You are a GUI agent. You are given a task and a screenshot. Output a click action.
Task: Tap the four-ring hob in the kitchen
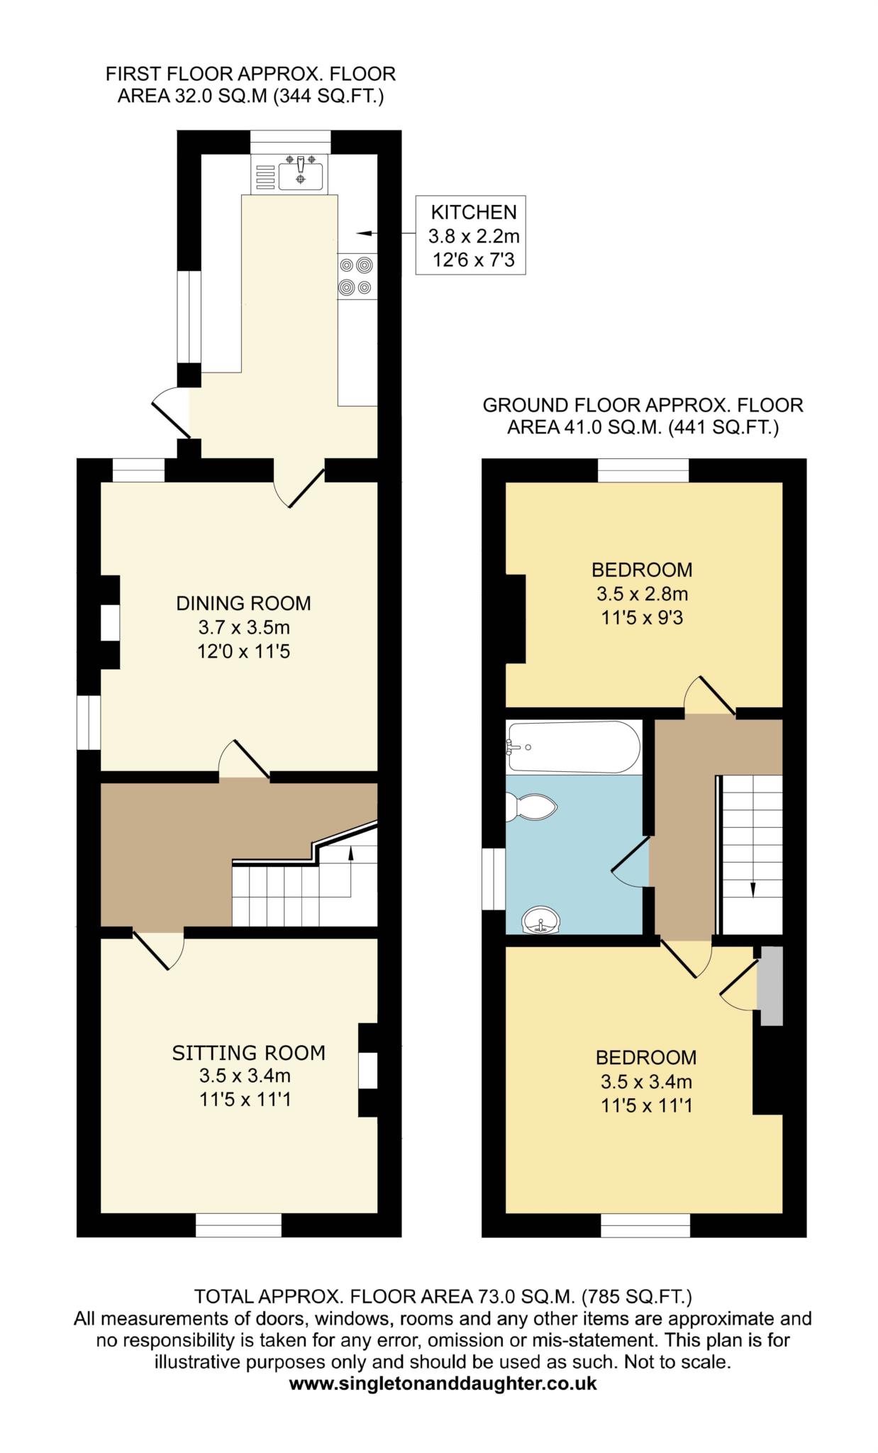click(357, 276)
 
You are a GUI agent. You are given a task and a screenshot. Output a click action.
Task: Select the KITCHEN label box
click(470, 236)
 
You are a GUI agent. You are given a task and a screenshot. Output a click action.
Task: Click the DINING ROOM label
click(243, 604)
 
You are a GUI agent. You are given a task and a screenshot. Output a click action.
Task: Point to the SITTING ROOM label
click(249, 1053)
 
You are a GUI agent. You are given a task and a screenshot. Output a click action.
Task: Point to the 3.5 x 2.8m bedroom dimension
click(643, 594)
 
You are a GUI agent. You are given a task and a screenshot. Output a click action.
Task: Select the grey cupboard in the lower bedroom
click(771, 985)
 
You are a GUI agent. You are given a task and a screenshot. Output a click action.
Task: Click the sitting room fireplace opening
click(367, 1071)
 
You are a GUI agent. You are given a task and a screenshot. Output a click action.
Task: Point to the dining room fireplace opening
click(110, 622)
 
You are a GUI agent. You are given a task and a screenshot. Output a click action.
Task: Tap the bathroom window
click(494, 879)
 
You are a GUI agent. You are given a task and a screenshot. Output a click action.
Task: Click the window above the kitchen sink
click(291, 142)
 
